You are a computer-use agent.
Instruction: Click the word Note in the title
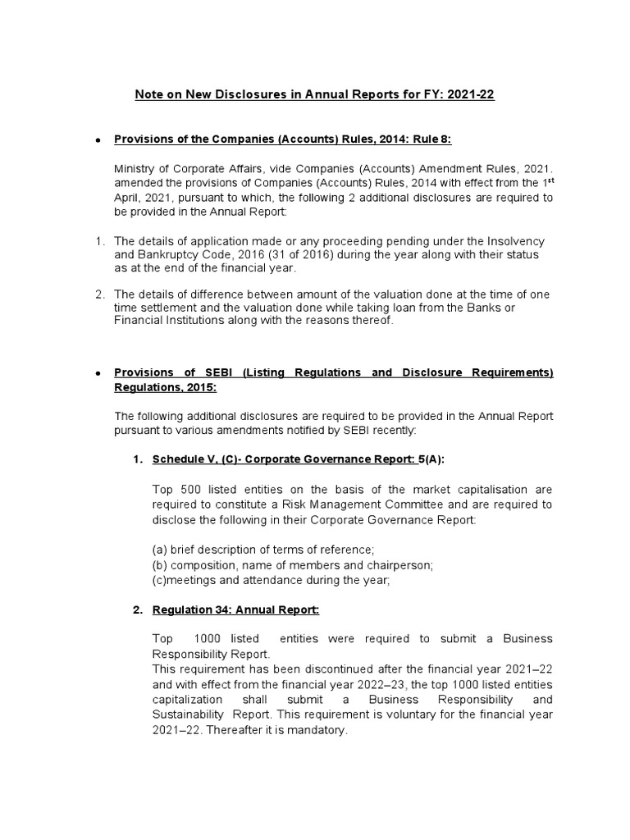tap(148, 95)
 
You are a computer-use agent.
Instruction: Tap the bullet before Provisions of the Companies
tap(98, 140)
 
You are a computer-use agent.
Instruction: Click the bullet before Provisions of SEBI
tap(98, 373)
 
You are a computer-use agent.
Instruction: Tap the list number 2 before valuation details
tap(99, 294)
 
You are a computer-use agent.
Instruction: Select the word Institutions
tap(190, 321)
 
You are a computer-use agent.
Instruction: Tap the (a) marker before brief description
tap(161, 549)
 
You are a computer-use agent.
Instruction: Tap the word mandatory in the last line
tap(319, 729)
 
